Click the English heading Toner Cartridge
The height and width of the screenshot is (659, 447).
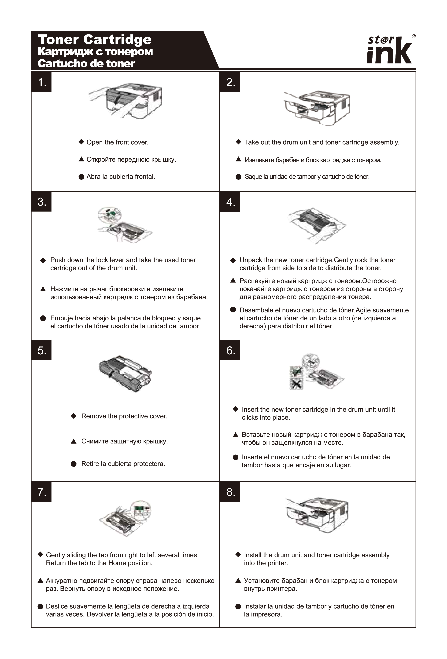tap(94, 39)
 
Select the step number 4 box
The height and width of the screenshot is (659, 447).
tap(230, 202)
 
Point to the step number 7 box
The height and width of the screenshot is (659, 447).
tap(41, 492)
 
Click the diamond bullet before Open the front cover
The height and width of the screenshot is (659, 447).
tap(81, 142)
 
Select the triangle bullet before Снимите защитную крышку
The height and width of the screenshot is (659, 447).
tap(74, 441)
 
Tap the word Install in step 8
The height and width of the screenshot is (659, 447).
tap(252, 555)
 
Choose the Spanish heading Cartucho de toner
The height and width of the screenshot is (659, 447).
tap(86, 63)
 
